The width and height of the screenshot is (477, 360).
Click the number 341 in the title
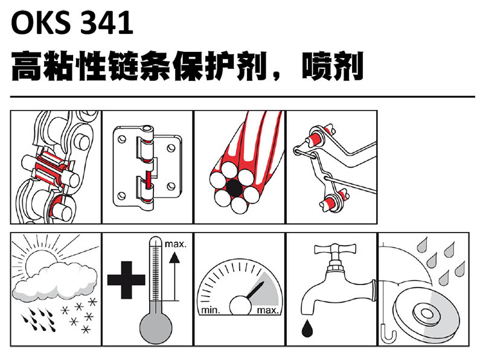[107, 22]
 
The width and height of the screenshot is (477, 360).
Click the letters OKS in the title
[40, 22]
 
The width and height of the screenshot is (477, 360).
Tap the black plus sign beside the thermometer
[126, 280]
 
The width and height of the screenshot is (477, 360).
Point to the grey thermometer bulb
[156, 328]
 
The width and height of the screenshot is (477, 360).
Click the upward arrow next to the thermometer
[174, 276]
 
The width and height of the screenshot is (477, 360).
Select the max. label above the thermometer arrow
[176, 244]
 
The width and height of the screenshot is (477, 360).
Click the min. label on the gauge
[211, 310]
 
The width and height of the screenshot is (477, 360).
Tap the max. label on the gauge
[267, 310]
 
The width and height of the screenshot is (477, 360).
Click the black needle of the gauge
[255, 290]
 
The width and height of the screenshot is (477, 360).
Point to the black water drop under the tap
[307, 328]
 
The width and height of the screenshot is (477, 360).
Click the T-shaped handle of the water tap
[335, 249]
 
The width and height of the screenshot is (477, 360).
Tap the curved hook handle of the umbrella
[388, 335]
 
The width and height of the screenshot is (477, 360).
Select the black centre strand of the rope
[234, 188]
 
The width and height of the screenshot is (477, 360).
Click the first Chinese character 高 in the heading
[27, 66]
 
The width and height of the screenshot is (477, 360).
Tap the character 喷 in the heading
[316, 66]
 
